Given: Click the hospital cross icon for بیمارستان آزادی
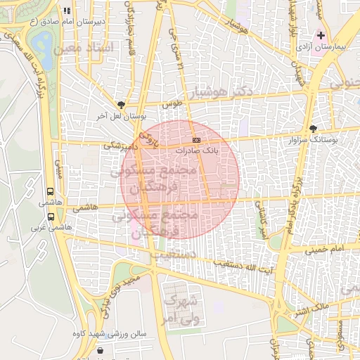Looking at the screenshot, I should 321,35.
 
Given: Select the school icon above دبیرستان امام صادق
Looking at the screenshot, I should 67,11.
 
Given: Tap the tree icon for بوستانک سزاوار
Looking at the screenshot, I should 313,129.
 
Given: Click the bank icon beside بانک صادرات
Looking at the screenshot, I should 197,141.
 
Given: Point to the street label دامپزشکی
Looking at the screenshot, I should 117,146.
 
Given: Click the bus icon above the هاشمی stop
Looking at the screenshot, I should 50,191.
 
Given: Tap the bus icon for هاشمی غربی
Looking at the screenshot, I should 50,217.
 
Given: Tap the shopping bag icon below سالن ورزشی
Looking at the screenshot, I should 102,349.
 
